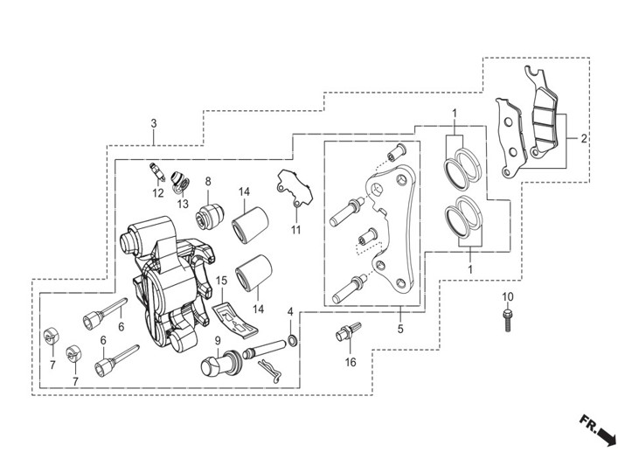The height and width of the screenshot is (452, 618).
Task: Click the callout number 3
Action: coord(154,123)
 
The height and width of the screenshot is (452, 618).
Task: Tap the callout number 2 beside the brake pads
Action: coord(583,138)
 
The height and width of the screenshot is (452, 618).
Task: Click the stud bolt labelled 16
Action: coord(349,331)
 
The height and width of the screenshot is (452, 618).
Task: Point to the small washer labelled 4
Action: coord(292,340)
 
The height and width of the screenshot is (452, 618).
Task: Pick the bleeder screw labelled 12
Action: coord(157,172)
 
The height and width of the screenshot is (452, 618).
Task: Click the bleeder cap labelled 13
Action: coord(180,181)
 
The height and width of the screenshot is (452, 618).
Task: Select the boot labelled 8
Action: coord(210,216)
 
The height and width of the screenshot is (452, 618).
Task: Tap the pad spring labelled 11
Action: coord(294,188)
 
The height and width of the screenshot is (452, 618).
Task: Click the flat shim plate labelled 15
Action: coord(235,320)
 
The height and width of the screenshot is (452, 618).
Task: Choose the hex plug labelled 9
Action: coord(220,362)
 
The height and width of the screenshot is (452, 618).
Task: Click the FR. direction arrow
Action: coord(598,428)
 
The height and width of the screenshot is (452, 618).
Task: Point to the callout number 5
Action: coord(400,329)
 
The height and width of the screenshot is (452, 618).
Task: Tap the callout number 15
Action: coord(221,281)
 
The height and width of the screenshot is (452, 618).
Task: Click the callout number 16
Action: coord(351,362)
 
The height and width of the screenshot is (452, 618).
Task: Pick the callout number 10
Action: coord(508,296)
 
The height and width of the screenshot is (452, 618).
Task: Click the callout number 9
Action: coord(218,340)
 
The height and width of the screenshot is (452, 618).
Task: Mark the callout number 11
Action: coord(295,229)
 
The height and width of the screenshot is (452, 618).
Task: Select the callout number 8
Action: coord(208,181)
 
